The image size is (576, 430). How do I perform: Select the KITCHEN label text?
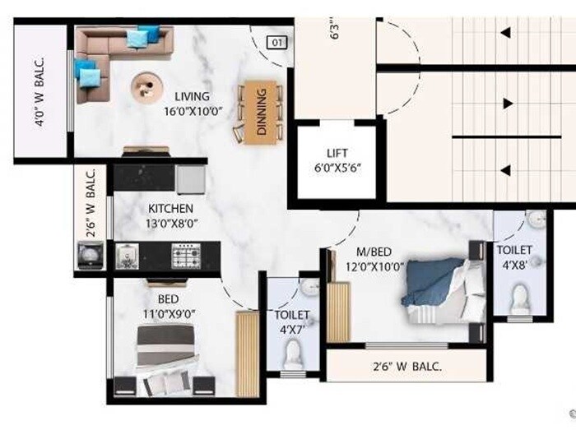click(x=170, y=209)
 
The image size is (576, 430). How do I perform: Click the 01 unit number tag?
click(x=277, y=43)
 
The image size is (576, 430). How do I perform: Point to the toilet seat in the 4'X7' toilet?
click(x=292, y=354)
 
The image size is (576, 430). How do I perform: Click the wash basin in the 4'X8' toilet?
click(x=537, y=220)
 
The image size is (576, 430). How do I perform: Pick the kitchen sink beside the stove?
click(x=128, y=257)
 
